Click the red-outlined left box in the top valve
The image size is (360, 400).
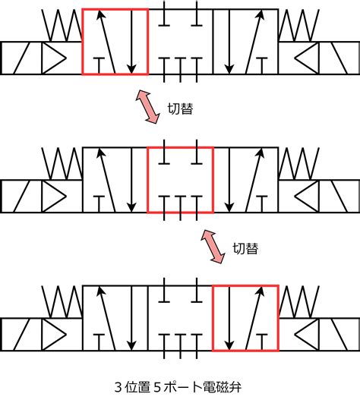point(82,42)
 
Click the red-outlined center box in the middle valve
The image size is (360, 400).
point(147,180)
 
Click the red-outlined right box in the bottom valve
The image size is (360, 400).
point(213,318)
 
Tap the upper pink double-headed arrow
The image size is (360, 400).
point(147,106)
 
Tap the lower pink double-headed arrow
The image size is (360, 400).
point(213,246)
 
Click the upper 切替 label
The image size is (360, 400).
point(180,109)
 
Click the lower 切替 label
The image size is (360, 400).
point(245,248)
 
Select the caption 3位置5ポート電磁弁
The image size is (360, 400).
point(178,387)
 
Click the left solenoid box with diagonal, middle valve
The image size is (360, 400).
point(21,196)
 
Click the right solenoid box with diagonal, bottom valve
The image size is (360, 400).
point(339,335)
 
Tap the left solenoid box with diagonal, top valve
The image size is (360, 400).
point(21,58)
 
